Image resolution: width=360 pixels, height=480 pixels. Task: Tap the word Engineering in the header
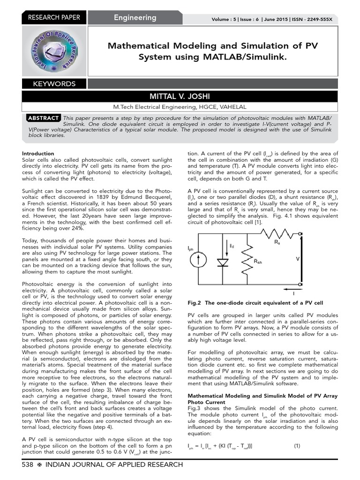(135, 18)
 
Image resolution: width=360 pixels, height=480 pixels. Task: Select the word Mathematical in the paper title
(139, 46)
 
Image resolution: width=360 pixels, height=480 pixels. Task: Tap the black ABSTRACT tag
(43, 118)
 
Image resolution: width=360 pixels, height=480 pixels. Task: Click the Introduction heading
(38, 153)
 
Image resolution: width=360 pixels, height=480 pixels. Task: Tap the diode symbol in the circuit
(224, 263)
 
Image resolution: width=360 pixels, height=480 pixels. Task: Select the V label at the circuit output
(297, 258)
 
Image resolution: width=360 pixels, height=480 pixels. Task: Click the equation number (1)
(297, 445)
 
